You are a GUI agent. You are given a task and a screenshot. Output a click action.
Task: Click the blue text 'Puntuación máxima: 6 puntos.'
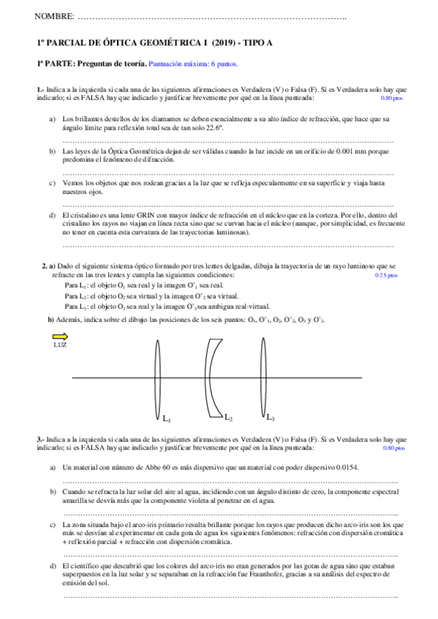pos(193,64)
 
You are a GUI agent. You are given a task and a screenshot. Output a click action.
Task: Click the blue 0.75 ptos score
pos(385,275)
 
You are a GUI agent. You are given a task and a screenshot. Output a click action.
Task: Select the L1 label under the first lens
pos(167,419)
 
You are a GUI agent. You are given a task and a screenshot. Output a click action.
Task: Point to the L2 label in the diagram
pos(228,418)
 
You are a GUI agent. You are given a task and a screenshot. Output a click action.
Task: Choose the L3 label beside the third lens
pos(270,417)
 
